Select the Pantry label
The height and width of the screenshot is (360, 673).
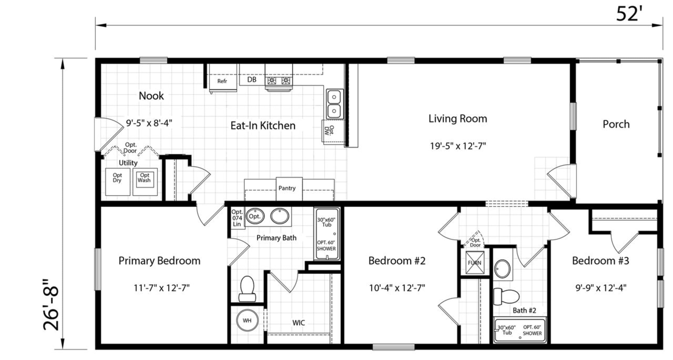pos(287,188)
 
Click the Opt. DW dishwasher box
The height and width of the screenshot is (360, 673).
pos(333,132)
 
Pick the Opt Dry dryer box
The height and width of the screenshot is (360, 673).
pos(117,182)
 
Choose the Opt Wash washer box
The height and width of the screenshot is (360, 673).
pos(145,182)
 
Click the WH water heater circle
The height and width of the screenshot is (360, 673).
pos(247,320)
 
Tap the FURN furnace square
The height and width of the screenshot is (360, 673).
pos(475,263)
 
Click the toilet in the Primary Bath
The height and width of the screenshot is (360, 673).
pos(247,289)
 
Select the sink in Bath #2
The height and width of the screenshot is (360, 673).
pos(502,269)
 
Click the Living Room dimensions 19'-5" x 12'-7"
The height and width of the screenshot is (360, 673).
pos(458,146)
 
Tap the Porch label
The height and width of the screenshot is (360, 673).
pos(616,124)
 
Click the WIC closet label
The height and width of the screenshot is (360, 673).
pos(298,323)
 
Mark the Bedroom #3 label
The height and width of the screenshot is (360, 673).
pos(600,261)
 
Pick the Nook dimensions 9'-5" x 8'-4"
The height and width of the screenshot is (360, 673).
pos(149,123)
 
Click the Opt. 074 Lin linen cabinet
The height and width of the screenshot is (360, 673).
pos(237,218)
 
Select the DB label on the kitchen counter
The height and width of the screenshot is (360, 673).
pos(252,80)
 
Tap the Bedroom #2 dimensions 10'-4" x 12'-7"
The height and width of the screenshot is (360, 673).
pos(397,288)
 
